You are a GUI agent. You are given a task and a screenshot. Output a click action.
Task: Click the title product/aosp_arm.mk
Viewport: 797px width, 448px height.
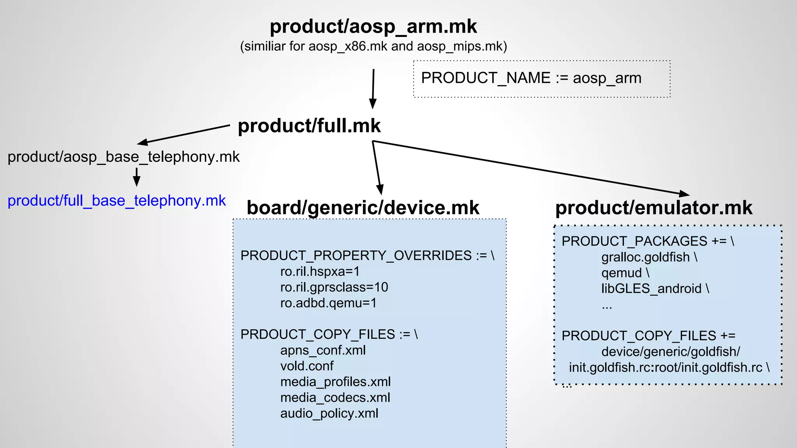(373, 26)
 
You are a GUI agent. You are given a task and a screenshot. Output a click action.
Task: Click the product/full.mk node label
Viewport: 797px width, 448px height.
(309, 126)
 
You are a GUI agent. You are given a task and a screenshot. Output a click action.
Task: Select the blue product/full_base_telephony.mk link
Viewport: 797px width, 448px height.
(117, 201)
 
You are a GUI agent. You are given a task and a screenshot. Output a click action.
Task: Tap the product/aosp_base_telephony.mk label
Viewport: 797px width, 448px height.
(123, 157)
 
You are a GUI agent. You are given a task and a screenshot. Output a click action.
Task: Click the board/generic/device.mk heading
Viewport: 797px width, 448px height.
(363, 208)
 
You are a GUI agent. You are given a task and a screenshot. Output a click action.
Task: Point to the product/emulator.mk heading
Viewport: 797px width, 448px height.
(654, 208)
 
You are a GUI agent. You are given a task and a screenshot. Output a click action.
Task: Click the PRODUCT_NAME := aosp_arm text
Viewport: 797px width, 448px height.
(531, 78)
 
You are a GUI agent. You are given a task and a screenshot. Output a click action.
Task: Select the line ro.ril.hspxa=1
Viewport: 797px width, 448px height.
(320, 271)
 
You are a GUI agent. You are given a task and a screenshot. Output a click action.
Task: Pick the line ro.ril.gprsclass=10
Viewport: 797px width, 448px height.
(334, 287)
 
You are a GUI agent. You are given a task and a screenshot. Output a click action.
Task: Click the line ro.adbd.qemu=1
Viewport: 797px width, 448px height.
(328, 303)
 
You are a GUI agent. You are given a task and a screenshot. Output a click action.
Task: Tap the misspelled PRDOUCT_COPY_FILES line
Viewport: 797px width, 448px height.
(329, 334)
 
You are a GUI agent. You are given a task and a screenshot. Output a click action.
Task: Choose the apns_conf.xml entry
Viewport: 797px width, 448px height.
(323, 350)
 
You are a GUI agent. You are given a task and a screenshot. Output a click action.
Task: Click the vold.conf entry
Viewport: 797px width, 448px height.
(307, 366)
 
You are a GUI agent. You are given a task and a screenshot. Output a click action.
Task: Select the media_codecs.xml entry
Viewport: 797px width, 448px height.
(335, 398)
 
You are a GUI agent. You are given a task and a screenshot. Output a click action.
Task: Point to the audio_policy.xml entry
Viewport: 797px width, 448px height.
(329, 413)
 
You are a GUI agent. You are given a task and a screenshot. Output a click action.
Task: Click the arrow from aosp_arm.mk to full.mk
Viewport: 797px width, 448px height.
(373, 89)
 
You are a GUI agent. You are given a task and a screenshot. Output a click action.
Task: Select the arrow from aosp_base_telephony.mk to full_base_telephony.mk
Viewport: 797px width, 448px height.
(137, 177)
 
